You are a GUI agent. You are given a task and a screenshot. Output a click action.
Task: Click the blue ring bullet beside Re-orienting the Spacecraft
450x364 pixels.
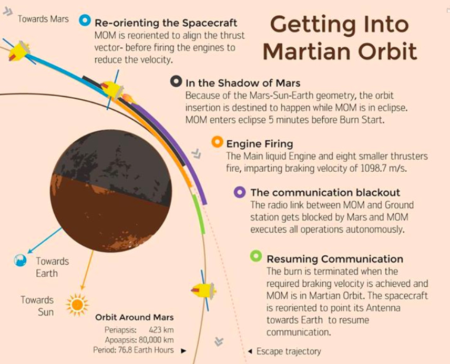point(85,20)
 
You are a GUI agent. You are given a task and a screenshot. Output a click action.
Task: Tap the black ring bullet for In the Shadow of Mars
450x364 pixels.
point(176,81)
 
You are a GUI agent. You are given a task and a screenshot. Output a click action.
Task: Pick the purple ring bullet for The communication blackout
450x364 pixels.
point(240,192)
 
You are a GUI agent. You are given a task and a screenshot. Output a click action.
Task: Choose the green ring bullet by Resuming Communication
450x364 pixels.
point(256,256)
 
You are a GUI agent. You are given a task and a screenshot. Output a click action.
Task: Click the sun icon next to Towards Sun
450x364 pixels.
point(77,304)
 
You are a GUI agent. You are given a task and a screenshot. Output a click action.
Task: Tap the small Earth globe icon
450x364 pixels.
point(21,260)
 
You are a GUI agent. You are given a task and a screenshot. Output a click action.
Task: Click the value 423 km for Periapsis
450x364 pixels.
point(161,330)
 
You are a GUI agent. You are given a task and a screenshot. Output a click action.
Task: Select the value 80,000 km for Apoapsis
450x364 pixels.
point(155,340)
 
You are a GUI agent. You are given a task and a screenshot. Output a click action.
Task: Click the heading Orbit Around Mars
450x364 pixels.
point(134,317)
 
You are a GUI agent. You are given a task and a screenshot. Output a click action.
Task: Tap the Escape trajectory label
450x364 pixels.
point(289,351)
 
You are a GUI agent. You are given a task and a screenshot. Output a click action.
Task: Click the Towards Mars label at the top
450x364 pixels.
point(43,19)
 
